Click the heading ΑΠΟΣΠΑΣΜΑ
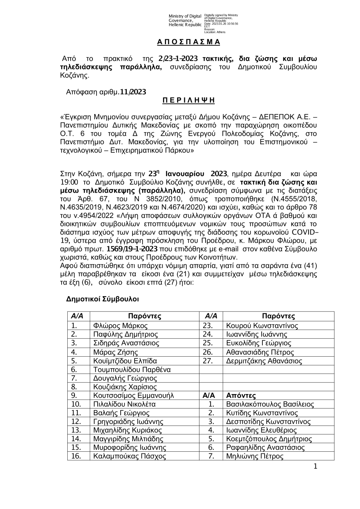click(x=188, y=42)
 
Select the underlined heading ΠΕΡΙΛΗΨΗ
click(x=188, y=101)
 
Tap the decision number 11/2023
click(x=133, y=92)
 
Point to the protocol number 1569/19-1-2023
click(x=132, y=249)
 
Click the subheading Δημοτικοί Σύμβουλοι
click(x=103, y=299)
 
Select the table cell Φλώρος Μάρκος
click(x=120, y=326)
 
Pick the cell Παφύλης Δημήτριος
click(x=125, y=335)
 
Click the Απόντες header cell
click(x=241, y=395)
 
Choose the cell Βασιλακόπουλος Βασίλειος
click(x=270, y=404)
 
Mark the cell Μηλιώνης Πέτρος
click(x=255, y=456)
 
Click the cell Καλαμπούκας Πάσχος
click(x=130, y=456)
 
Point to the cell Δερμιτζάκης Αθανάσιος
click(x=264, y=361)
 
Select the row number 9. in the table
click(x=75, y=395)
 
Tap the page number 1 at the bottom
click(x=316, y=467)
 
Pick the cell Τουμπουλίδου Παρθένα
click(x=132, y=370)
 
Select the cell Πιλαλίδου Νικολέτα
click(x=124, y=404)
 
